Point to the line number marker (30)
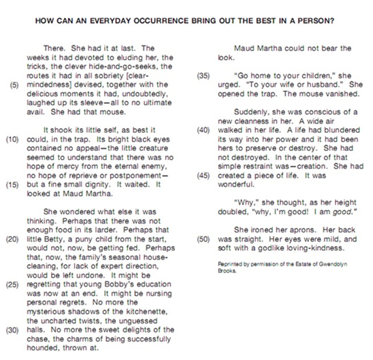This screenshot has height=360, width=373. pyautogui.click(x=14, y=330)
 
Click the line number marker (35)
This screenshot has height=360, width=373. pyautogui.click(x=203, y=75)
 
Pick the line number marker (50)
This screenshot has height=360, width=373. pyautogui.click(x=203, y=239)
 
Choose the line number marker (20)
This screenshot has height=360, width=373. pyautogui.click(x=14, y=239)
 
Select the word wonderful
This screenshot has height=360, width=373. pyautogui.click(x=235, y=184)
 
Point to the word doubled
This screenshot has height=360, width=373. pyautogui.click(x=232, y=212)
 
